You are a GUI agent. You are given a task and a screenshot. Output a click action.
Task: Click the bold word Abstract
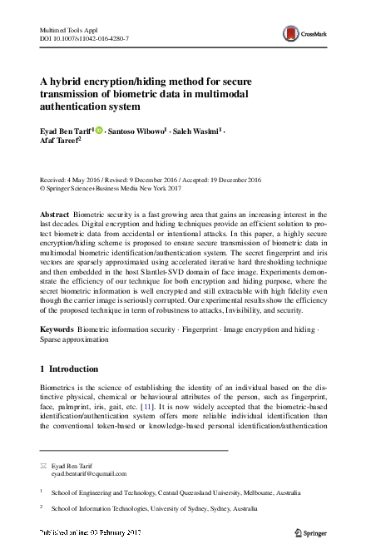point(55,215)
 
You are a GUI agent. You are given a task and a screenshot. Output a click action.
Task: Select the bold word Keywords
point(57,330)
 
